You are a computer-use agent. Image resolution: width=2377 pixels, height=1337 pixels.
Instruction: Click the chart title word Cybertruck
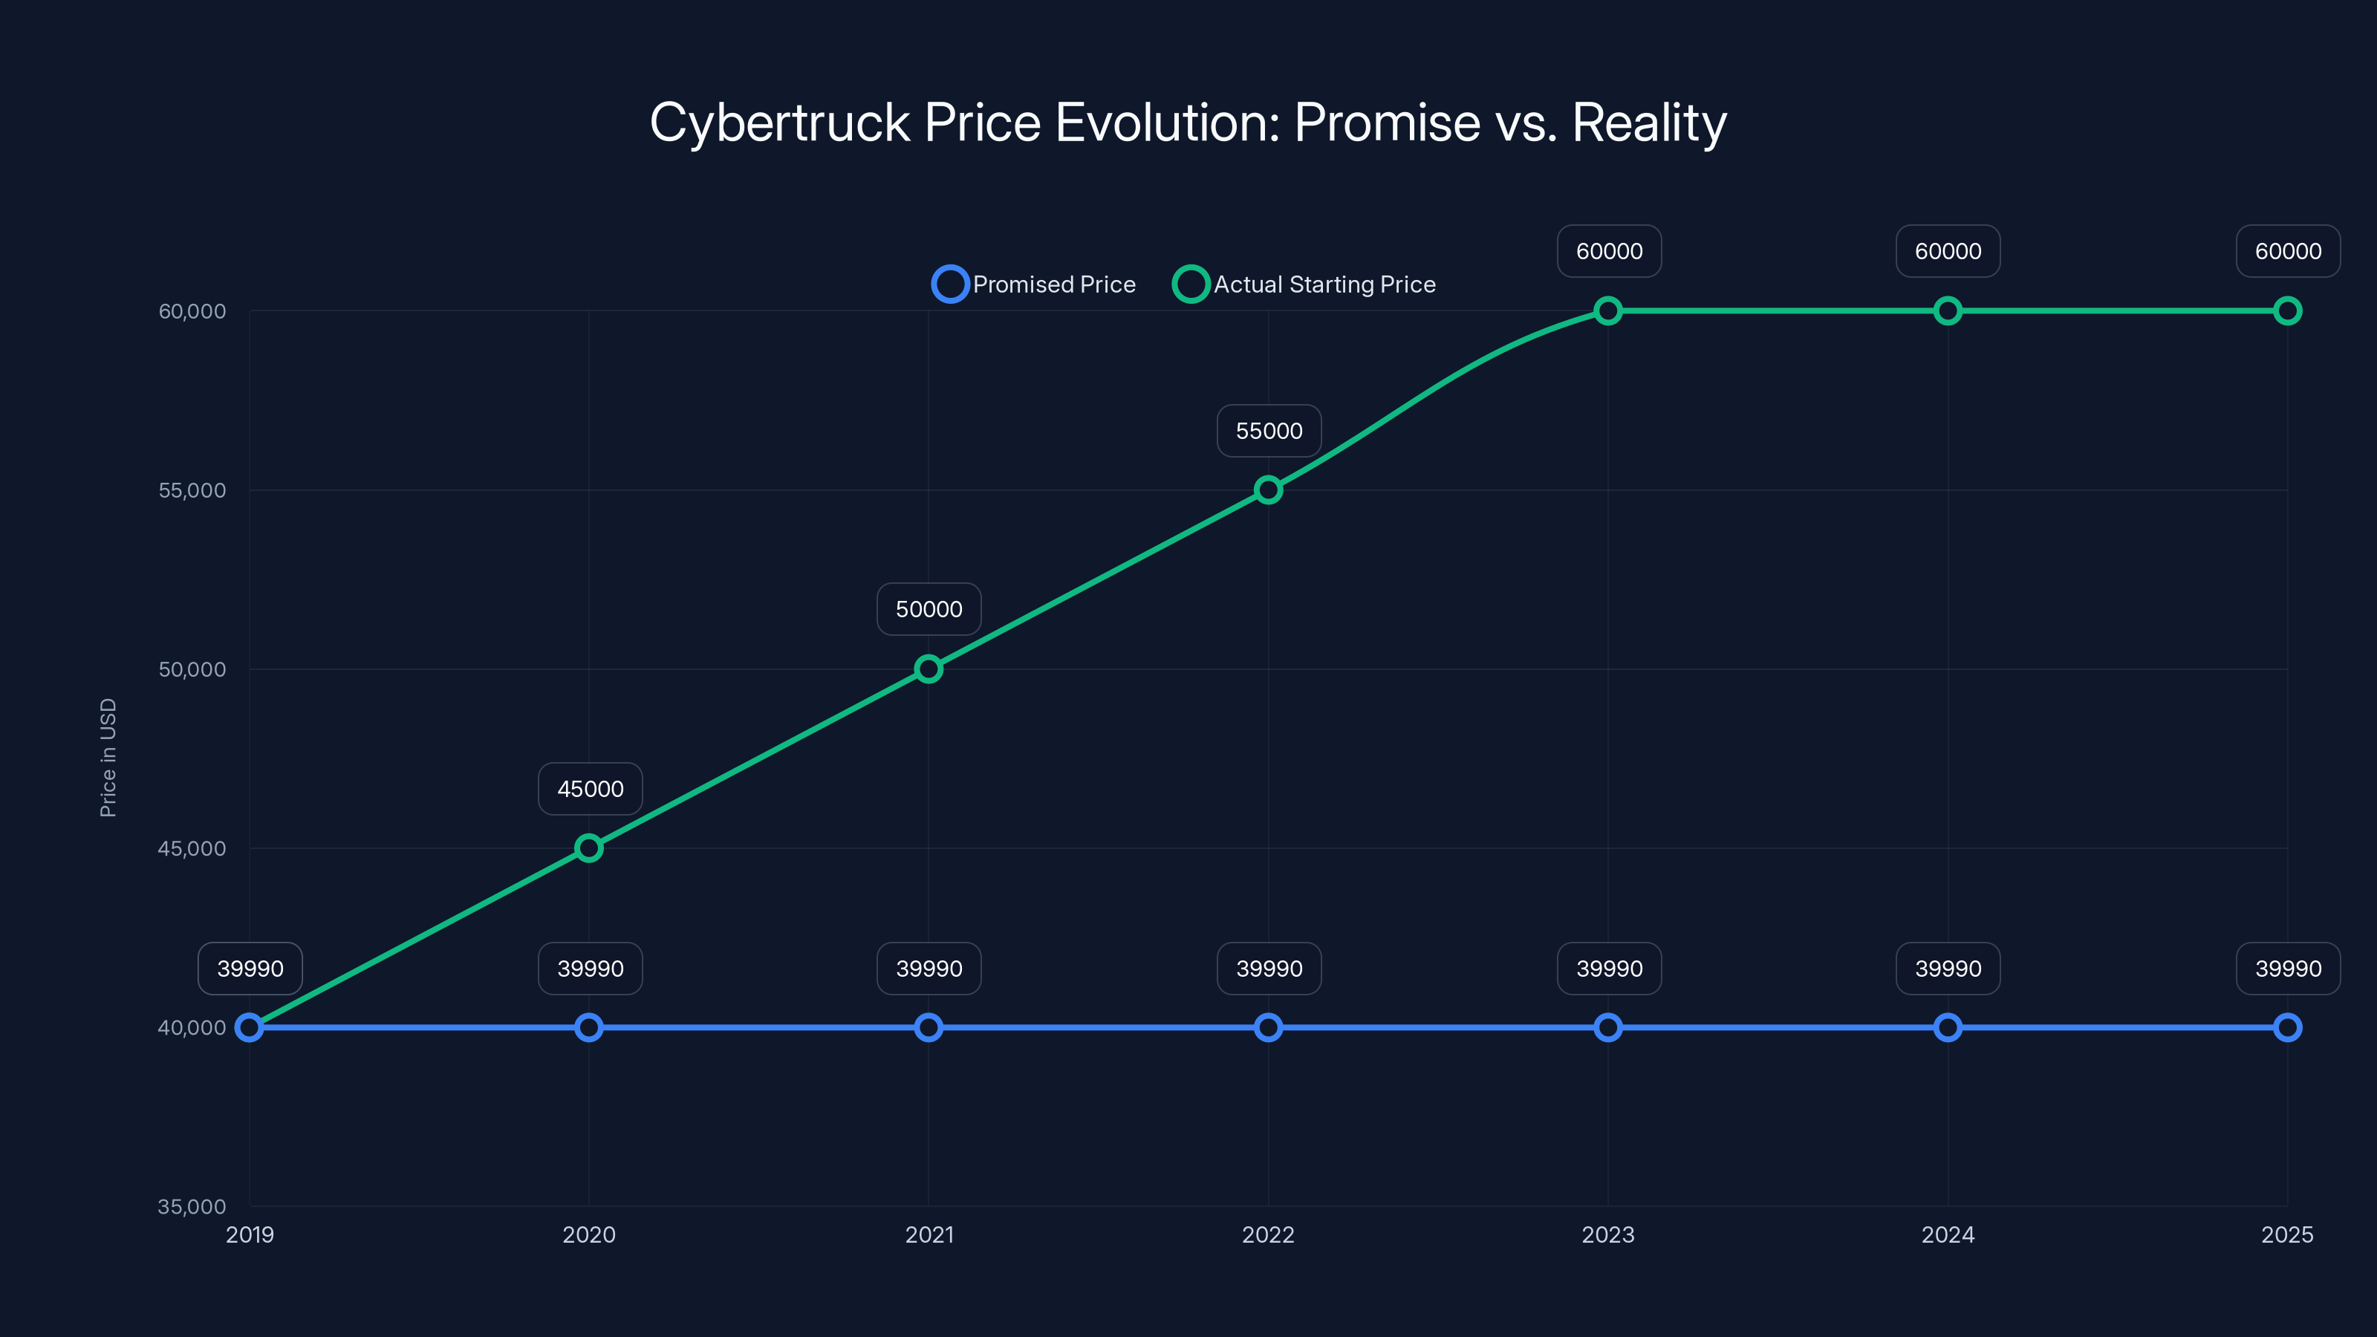click(x=780, y=123)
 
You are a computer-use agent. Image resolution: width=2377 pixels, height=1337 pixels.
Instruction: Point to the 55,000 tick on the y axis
click(x=192, y=490)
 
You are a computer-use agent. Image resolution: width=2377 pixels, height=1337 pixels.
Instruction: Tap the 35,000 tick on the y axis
click(x=192, y=1206)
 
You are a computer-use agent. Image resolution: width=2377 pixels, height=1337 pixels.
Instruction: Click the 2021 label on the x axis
click(x=929, y=1234)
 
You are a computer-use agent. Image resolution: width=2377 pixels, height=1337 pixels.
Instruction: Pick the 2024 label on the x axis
click(x=1947, y=1234)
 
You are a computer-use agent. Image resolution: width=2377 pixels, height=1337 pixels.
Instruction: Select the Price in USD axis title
click(x=108, y=758)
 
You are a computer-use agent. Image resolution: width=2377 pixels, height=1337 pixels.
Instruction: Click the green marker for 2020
click(x=589, y=848)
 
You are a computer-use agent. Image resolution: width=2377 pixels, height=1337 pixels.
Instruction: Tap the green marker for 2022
click(x=1268, y=490)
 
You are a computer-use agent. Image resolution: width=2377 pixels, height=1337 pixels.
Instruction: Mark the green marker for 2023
click(x=1607, y=311)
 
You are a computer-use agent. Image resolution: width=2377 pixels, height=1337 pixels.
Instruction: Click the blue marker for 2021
click(x=929, y=1027)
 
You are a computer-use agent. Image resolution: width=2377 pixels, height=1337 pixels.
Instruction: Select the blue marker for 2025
click(x=2286, y=1027)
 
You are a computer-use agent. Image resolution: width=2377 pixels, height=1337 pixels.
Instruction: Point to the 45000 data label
click(x=590, y=789)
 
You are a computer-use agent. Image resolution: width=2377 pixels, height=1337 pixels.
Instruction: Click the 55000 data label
click(x=1269, y=431)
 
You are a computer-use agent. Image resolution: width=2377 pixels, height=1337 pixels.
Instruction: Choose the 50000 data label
click(x=929, y=609)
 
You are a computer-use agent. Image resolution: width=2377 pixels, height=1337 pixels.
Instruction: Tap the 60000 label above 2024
click(x=1947, y=251)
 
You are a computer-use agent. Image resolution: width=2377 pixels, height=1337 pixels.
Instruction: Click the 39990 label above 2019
click(x=250, y=968)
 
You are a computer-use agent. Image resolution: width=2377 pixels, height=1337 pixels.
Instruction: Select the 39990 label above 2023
click(x=1608, y=968)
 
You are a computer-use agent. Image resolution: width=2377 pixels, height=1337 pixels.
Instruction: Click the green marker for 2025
click(x=2286, y=311)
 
